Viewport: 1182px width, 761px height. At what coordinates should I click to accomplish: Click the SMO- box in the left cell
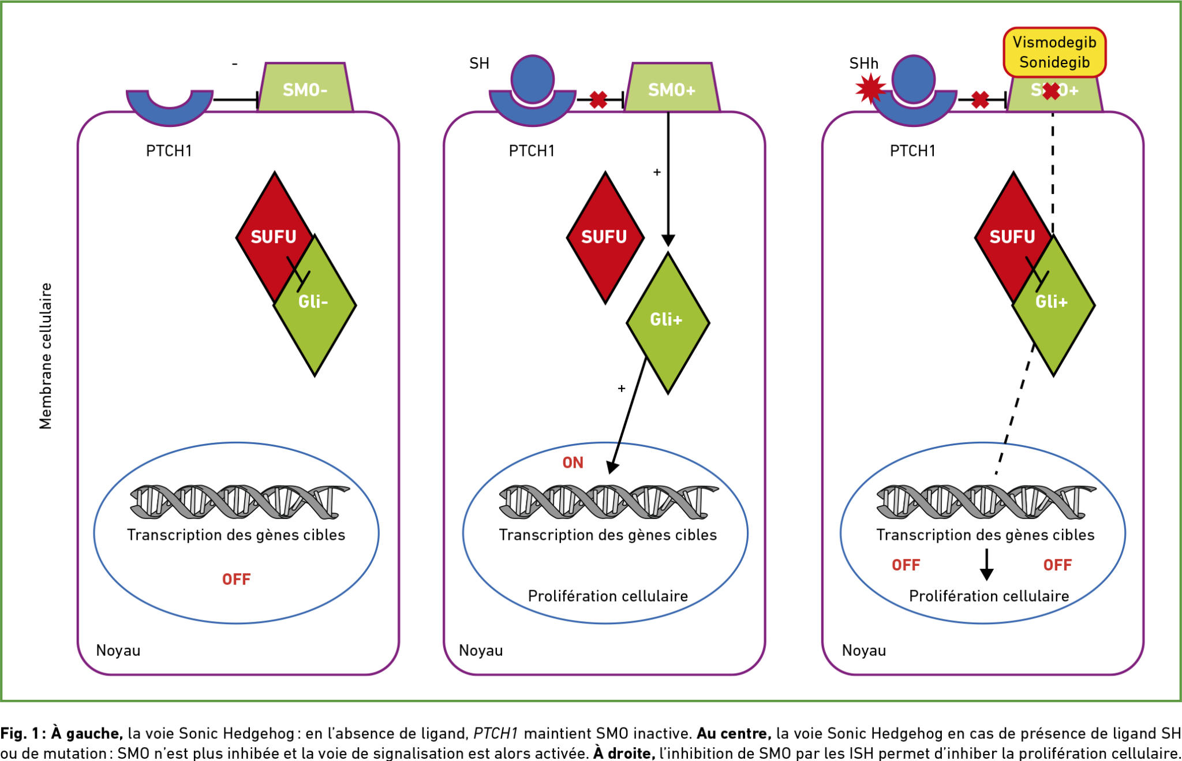click(x=305, y=87)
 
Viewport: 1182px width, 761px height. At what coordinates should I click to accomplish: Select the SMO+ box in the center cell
click(x=672, y=87)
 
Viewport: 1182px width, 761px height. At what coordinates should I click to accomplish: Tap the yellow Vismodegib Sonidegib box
click(x=1054, y=52)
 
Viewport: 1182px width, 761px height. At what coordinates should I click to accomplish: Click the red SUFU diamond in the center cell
click(x=605, y=237)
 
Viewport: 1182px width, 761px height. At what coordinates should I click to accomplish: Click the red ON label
click(x=573, y=462)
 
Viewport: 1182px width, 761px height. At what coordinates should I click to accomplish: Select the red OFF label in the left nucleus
click(x=237, y=579)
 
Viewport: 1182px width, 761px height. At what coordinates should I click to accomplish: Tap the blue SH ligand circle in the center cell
click(x=533, y=79)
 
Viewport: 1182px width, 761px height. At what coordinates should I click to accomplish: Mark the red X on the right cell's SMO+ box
click(x=1052, y=91)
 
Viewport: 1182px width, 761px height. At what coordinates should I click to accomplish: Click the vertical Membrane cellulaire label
click(x=46, y=356)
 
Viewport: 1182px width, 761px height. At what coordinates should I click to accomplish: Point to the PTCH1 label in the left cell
click(x=169, y=151)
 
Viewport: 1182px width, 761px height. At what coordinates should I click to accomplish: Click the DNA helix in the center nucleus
click(x=609, y=501)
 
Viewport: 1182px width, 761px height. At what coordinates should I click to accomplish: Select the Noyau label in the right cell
click(x=864, y=651)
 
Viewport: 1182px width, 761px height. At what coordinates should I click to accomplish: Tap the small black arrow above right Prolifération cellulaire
click(x=987, y=565)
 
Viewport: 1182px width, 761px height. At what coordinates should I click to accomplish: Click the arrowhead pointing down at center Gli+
click(x=668, y=240)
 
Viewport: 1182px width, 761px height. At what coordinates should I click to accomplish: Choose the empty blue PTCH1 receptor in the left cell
click(x=170, y=108)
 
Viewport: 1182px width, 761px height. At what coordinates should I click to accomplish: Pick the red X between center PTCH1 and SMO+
click(x=599, y=100)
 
